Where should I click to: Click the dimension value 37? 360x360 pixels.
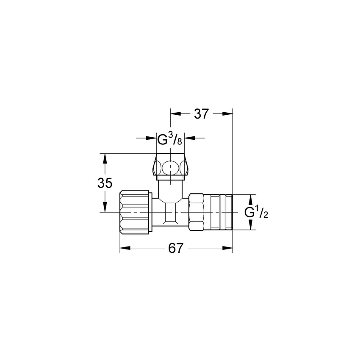pos(202,114)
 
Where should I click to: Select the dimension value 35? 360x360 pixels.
pos(105,183)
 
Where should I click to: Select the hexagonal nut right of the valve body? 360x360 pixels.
pos(197,212)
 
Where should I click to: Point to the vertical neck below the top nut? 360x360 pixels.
pos(170,188)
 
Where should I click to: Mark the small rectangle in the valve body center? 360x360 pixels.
pos(170,212)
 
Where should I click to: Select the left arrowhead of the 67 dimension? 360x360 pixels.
pos(125,249)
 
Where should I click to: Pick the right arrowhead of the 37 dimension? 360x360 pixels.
pos(228,114)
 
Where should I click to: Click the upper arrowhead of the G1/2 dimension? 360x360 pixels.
pos(250,199)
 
